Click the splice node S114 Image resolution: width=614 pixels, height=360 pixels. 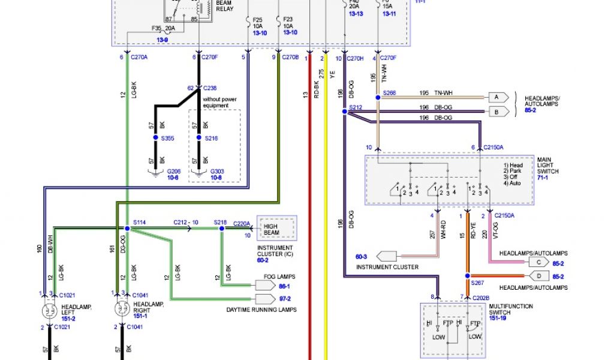coord(127,229)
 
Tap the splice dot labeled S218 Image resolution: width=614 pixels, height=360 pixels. coord(222,229)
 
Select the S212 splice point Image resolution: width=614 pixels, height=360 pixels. coord(344,111)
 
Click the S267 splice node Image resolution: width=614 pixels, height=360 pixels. coord(466,276)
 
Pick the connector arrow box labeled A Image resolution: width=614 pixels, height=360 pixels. coord(498,97)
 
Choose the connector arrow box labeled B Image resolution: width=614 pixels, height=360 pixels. coord(498,111)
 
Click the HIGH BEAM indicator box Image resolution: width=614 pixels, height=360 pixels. coord(276,229)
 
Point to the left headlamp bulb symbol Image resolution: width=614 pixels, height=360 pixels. coord(47,311)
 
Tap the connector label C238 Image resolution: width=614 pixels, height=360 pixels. coord(210,88)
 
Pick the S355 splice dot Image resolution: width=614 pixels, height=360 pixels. coord(155,138)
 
